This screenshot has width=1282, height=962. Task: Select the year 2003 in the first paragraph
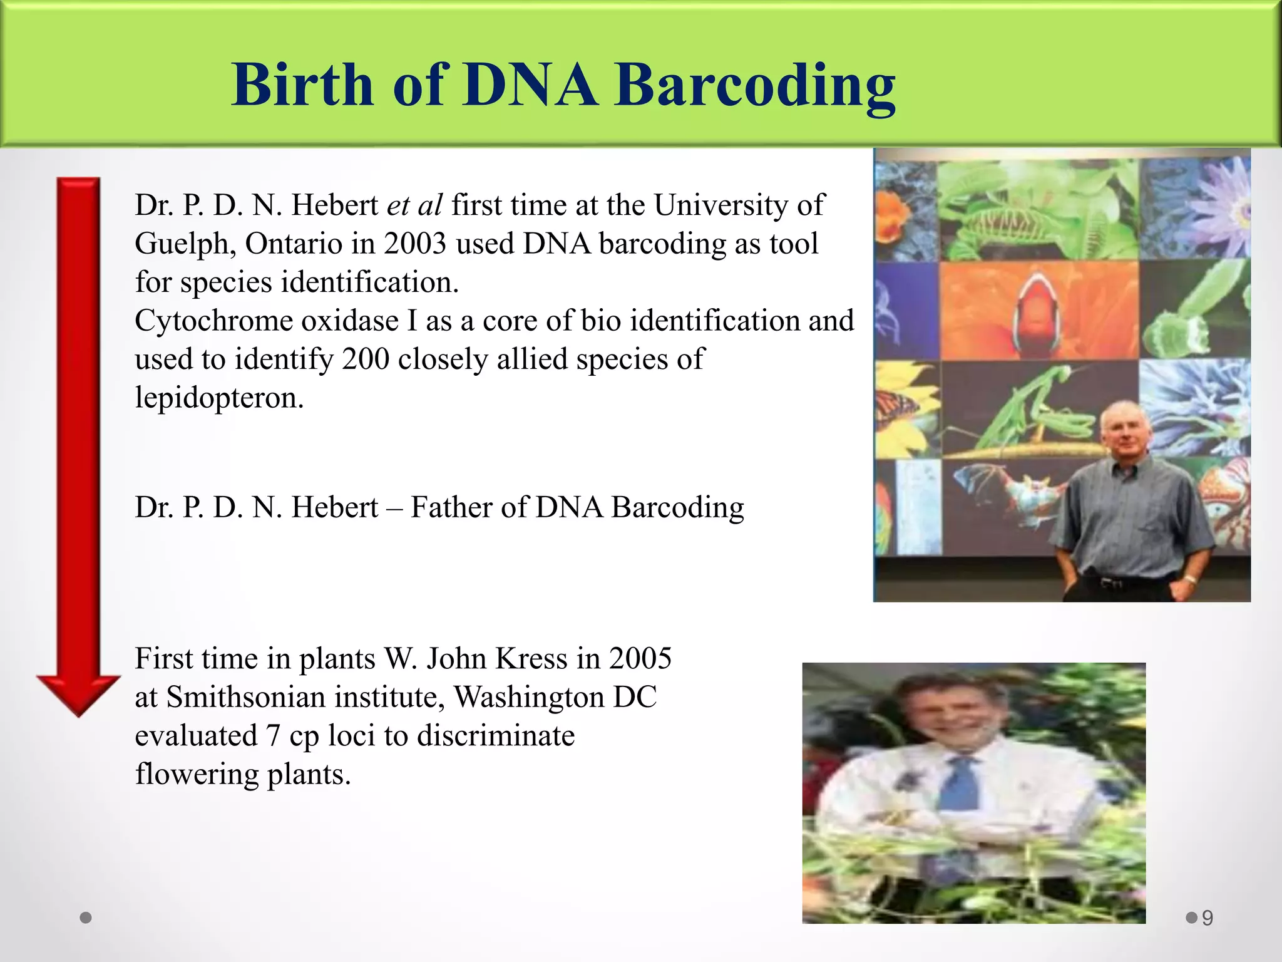(415, 244)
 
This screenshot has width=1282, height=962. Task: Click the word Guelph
(185, 244)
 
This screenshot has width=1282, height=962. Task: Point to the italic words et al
(414, 205)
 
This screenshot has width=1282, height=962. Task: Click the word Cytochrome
(213, 321)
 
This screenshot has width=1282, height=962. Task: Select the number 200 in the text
(366, 359)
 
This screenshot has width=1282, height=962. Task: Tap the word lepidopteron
(219, 398)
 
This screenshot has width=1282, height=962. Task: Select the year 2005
(640, 658)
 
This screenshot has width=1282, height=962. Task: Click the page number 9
(1208, 918)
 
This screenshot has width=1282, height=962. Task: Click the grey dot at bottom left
(86, 918)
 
